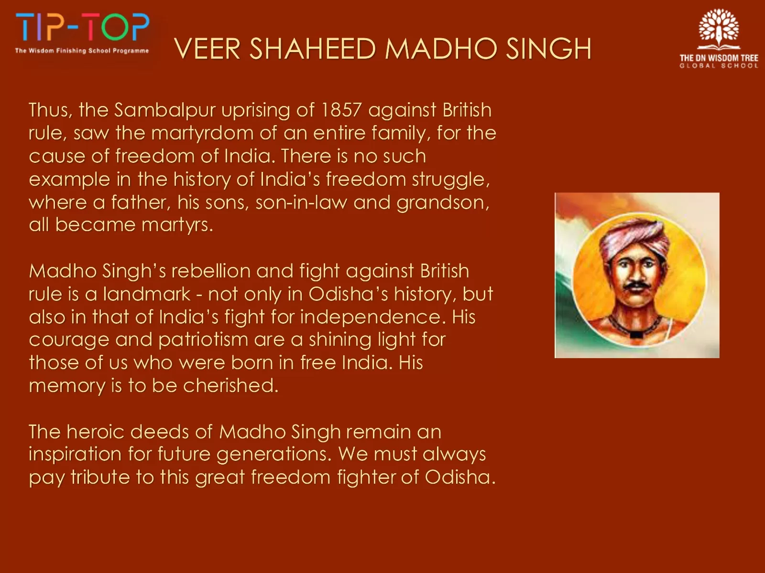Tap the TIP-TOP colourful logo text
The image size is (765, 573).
pos(83,27)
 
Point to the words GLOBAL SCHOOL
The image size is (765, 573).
pos(719,66)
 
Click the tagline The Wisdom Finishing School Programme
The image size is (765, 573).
pos(82,51)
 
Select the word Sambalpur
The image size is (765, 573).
pos(165,111)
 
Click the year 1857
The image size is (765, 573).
pos(341,110)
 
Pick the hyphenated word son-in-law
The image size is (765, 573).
pos(302,202)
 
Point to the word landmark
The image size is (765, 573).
pos(147,294)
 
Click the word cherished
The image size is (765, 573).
pos(231,385)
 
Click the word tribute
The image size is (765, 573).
pos(100,477)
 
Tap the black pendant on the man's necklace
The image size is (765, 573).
pos(636,335)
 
